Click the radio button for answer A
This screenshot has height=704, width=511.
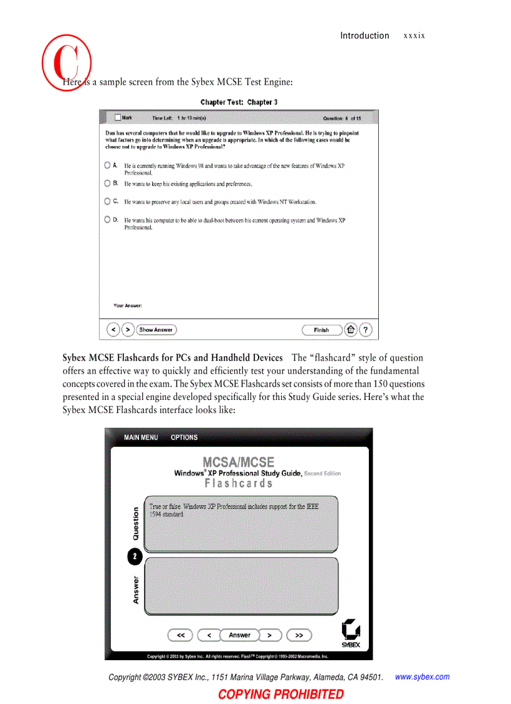click(x=108, y=165)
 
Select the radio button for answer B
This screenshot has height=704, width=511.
click(x=108, y=184)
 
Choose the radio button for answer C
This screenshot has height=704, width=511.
click(x=108, y=201)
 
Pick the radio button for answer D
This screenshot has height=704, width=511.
click(x=108, y=219)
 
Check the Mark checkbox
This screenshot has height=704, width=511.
click(x=118, y=117)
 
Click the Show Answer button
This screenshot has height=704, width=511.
click(x=156, y=330)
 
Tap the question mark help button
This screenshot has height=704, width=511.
click(x=366, y=330)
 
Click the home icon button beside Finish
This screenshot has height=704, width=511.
click(x=351, y=330)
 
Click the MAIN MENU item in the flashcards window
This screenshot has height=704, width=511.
click(x=141, y=438)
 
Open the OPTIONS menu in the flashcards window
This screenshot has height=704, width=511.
click(x=184, y=438)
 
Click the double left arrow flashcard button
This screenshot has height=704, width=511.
click(x=180, y=635)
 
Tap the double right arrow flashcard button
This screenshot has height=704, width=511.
click(x=299, y=635)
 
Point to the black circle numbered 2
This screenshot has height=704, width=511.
click(x=135, y=557)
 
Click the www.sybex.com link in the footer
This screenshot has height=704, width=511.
click(x=422, y=677)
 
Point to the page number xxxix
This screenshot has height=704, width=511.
click(x=414, y=36)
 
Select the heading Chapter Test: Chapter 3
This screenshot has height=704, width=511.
click(x=239, y=102)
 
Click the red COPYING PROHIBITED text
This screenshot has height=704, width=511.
click(x=281, y=694)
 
